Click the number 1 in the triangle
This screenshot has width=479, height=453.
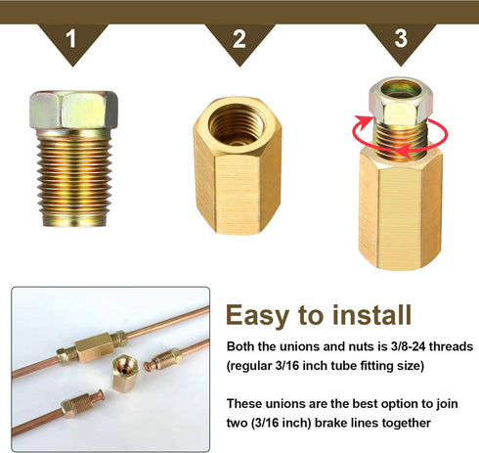[x=70, y=38]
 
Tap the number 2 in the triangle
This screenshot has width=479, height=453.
[x=239, y=39]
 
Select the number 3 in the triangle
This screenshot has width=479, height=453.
[x=401, y=38]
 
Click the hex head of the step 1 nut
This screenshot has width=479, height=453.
[x=73, y=110]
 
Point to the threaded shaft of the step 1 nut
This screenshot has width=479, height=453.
[x=74, y=178]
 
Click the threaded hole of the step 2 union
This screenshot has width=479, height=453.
[x=237, y=125]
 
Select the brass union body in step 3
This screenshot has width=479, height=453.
[x=400, y=208]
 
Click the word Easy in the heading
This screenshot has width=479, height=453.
[x=257, y=315]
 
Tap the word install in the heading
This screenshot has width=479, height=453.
[x=371, y=314]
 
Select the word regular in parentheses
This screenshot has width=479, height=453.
[x=250, y=366]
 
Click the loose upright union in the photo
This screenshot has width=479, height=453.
[x=125, y=374]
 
